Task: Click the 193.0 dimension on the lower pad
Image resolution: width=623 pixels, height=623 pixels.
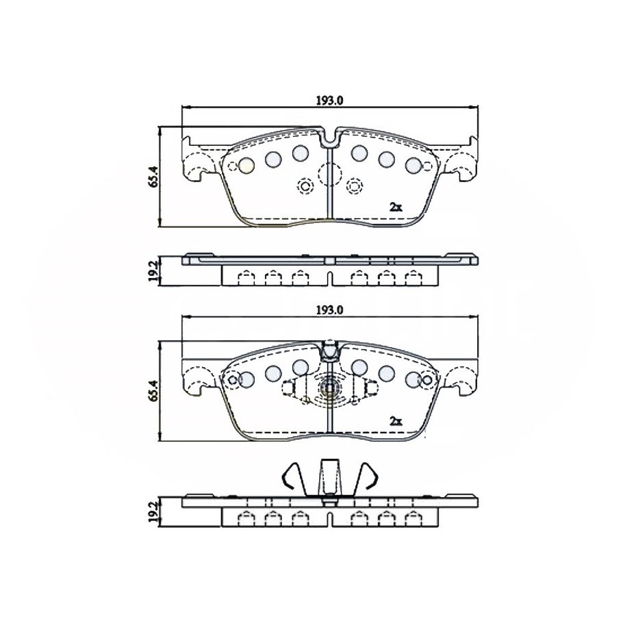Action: tap(329, 310)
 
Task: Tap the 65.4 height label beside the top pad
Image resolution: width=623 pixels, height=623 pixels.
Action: tap(154, 176)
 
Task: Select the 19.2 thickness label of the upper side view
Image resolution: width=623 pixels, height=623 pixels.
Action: tap(154, 270)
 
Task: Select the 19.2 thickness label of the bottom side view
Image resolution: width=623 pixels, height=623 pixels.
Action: tap(154, 512)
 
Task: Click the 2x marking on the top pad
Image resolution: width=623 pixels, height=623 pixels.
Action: tap(395, 206)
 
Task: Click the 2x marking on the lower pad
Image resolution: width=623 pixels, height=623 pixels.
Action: tap(395, 420)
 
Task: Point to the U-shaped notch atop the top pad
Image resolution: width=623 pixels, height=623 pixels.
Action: tap(330, 140)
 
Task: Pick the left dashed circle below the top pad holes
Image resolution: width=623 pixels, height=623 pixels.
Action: tap(305, 185)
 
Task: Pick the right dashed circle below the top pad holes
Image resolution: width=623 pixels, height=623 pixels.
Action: tap(354, 185)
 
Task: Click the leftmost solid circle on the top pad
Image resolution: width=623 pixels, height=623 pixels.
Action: tap(247, 164)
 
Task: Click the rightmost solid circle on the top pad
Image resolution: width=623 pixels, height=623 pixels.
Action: tap(413, 165)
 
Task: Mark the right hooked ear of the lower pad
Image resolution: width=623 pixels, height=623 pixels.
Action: tap(463, 377)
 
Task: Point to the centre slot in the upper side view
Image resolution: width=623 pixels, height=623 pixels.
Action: tap(330, 277)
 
